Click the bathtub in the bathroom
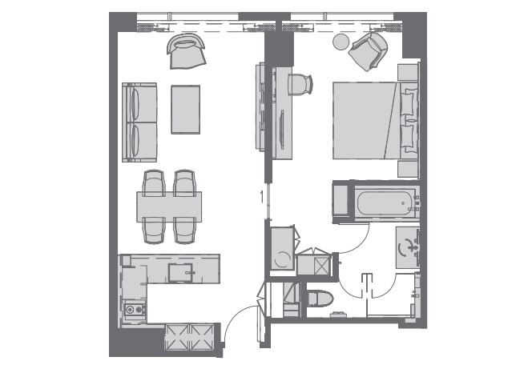pyautogui.click(x=385, y=203)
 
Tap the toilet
pyautogui.click(x=320, y=299)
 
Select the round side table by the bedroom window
pyautogui.click(x=341, y=42)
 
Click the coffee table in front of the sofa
pyautogui.click(x=186, y=110)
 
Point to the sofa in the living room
pyautogui.click(x=139, y=122)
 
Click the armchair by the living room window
pyautogui.click(x=186, y=50)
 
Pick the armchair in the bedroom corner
pyautogui.click(x=369, y=51)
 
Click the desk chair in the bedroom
pyautogui.click(x=300, y=85)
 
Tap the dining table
pyautogui.click(x=169, y=207)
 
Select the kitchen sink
pyautogui.click(x=180, y=273)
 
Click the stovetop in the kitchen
pyautogui.click(x=134, y=309)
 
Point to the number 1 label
pyautogui.click(x=261, y=197)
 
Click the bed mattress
pyautogui.click(x=365, y=120)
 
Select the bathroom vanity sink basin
pyautogui.click(x=407, y=247)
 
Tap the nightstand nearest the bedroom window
pyautogui.click(x=408, y=72)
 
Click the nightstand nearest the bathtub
pyautogui.click(x=408, y=169)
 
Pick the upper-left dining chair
pyautogui.click(x=154, y=183)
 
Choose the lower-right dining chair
pyautogui.click(x=184, y=231)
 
